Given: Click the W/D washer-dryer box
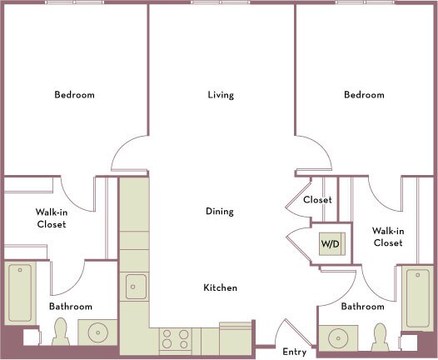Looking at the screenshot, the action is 332,243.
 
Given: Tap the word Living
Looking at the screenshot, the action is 221,95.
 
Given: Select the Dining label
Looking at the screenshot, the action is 220,212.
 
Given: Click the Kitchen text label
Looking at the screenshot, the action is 220,287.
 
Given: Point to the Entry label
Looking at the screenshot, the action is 295,352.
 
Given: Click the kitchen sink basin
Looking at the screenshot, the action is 136,287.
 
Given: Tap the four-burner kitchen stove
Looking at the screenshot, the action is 176,339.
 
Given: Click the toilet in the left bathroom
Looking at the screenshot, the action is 61,331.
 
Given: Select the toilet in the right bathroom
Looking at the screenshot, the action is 380,337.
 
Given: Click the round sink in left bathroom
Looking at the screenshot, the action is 97,332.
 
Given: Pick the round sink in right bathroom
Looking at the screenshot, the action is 338,338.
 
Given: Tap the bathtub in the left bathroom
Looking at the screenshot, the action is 20,292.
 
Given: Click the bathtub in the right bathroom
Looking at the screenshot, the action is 418,298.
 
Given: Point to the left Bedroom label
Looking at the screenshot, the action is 74,95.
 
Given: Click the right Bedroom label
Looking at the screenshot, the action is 364,95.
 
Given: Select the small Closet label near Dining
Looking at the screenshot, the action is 317,199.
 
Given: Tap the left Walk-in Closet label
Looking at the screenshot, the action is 52,218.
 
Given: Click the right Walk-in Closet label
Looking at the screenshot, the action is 388,237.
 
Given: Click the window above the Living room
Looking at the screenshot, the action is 221,2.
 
